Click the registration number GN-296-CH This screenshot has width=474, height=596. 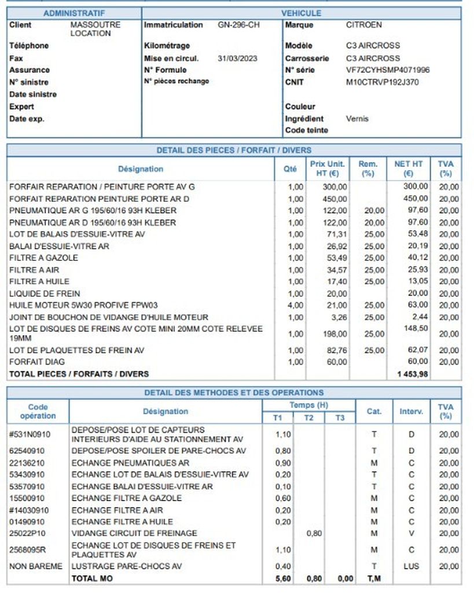(x=238, y=25)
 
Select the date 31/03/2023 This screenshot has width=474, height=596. (x=237, y=58)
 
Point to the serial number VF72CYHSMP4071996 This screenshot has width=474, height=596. (x=387, y=70)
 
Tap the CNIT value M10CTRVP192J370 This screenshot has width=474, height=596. (x=382, y=82)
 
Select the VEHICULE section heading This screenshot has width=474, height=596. (x=301, y=13)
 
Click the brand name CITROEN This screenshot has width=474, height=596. (x=364, y=25)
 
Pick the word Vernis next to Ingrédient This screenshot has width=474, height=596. (x=357, y=119)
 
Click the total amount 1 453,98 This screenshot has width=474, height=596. (x=413, y=374)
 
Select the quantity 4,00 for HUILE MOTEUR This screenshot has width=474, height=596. (x=295, y=305)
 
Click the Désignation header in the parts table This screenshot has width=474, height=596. (x=141, y=169)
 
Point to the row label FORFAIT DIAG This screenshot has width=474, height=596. (x=37, y=362)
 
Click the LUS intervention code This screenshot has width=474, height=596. (x=411, y=566)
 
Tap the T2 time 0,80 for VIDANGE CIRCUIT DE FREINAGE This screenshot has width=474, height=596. (x=314, y=533)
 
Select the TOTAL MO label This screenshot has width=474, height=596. (x=92, y=578)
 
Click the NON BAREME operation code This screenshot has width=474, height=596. (x=35, y=566)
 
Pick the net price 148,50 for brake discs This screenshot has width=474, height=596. (x=416, y=329)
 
